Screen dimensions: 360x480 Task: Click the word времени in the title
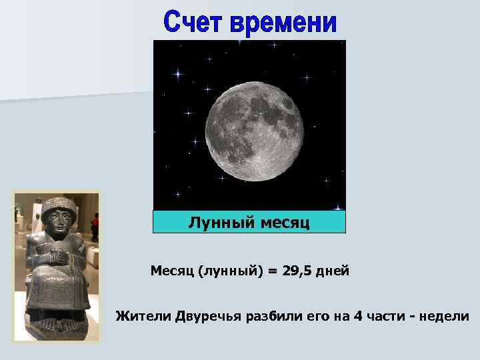[284, 23]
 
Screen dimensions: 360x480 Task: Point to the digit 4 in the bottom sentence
[359, 315]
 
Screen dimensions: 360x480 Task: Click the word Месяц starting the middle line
[170, 271]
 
